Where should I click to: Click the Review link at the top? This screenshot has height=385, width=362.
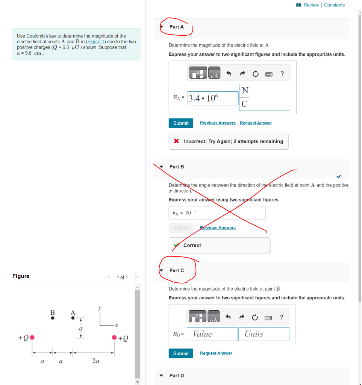coord(311,5)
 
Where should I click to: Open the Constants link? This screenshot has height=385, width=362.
coord(334,5)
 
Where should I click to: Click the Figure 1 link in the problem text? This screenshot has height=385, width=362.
coord(96,42)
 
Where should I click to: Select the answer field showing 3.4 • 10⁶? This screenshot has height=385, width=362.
coord(213,99)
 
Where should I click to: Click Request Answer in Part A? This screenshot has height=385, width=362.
coord(256,123)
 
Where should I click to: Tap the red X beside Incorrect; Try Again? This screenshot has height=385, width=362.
coord(176,141)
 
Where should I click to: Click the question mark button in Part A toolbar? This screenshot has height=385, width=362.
coord(282,74)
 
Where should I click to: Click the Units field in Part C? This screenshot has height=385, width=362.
coord(264,334)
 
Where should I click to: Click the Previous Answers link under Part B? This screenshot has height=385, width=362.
coord(218,227)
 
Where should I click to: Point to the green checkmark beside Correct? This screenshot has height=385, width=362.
coord(176,245)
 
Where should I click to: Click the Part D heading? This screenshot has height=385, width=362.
coord(177,375)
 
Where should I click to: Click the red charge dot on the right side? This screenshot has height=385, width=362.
coord(114,337)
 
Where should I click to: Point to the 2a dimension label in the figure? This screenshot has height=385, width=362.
coord(95,361)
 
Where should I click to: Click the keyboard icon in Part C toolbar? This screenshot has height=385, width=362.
coord(268,318)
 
